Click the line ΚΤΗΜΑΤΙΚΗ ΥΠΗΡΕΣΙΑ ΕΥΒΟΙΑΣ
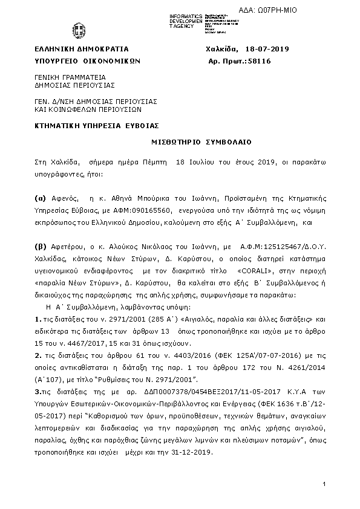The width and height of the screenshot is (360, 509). pos(96,125)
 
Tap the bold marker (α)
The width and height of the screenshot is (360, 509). pos(40,198)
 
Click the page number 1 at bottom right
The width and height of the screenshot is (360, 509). pos(324,485)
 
